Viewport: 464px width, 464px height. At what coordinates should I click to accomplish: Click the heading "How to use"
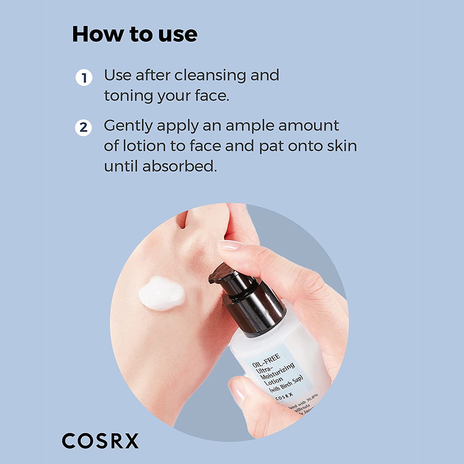point(135,34)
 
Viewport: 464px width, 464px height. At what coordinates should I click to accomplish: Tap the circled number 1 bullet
point(83,78)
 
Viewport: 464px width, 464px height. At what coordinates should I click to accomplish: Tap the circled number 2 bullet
point(83,127)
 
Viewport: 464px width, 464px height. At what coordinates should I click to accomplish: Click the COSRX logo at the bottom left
point(100,440)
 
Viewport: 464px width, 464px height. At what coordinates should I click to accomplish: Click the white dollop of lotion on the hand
point(161,293)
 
